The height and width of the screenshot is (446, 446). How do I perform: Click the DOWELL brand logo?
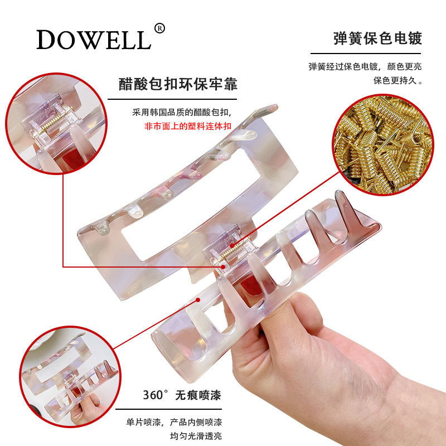[x=94, y=40]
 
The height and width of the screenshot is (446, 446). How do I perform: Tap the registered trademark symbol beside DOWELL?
[x=159, y=28]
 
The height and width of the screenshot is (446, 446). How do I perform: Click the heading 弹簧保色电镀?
[x=377, y=38]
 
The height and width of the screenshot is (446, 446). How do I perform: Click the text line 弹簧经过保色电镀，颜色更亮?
[x=365, y=66]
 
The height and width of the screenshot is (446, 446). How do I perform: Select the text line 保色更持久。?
[x=397, y=80]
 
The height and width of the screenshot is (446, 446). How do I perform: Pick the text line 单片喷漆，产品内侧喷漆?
[x=176, y=422]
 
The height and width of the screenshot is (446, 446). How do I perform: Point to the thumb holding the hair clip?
[x=290, y=312]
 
